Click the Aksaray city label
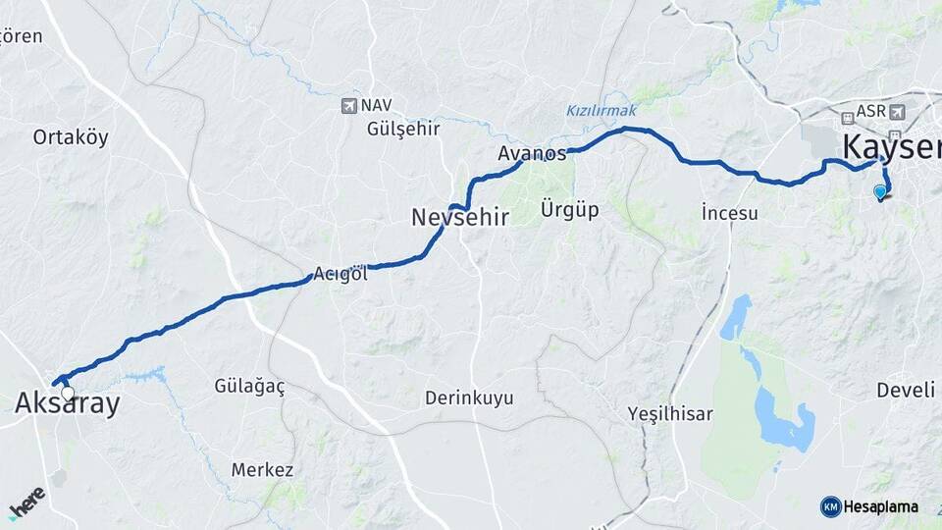67,403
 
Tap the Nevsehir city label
459,217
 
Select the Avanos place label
532,153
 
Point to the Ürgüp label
569,209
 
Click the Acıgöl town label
340,275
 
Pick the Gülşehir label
402,129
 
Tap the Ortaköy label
71,137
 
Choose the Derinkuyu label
469,398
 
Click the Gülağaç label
249,387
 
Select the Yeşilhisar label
670,414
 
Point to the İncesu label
730,213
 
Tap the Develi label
905,391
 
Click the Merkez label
262,470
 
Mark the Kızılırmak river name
602,110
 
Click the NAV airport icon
349,105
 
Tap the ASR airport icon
899,112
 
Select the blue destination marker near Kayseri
879,191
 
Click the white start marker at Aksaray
67,393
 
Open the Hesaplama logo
868,506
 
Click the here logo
26,503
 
